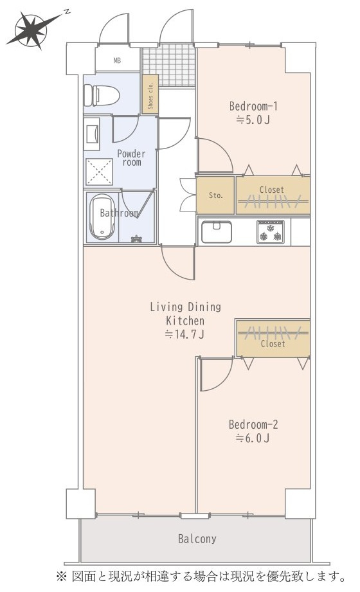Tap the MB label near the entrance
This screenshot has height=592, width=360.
coord(118,60)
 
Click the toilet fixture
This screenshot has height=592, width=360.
coord(101,95)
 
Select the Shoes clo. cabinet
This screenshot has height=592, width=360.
coord(150,94)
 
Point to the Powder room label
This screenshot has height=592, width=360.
coord(131,158)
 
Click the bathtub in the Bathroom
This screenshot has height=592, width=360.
coord(100,217)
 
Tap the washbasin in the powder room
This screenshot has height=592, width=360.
coord(91,134)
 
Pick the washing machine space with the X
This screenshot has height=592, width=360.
coord(99,172)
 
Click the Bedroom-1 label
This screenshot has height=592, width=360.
coord(253,106)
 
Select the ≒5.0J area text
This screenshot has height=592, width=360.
coord(253,120)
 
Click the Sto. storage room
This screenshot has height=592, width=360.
coord(215,195)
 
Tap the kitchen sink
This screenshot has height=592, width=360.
coord(217,232)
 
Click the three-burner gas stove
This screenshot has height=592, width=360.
coord(271,232)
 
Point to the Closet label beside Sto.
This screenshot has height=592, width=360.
coord(271,190)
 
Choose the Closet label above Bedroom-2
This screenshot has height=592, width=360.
coord(273,344)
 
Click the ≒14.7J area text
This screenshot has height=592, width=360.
coord(185,334)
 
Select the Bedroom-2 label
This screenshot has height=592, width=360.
coord(253,424)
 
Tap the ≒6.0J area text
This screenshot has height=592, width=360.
coord(253,438)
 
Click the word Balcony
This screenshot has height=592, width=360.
coord(197,539)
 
